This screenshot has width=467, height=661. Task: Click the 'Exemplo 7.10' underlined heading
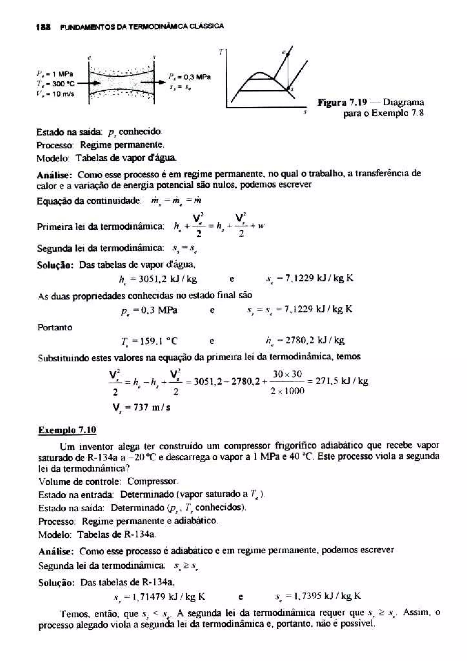tap(67, 430)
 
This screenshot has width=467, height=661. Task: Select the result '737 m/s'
tap(142, 407)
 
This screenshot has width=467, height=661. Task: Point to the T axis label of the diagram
tap(221, 52)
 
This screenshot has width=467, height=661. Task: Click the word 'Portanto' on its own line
tap(55, 327)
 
